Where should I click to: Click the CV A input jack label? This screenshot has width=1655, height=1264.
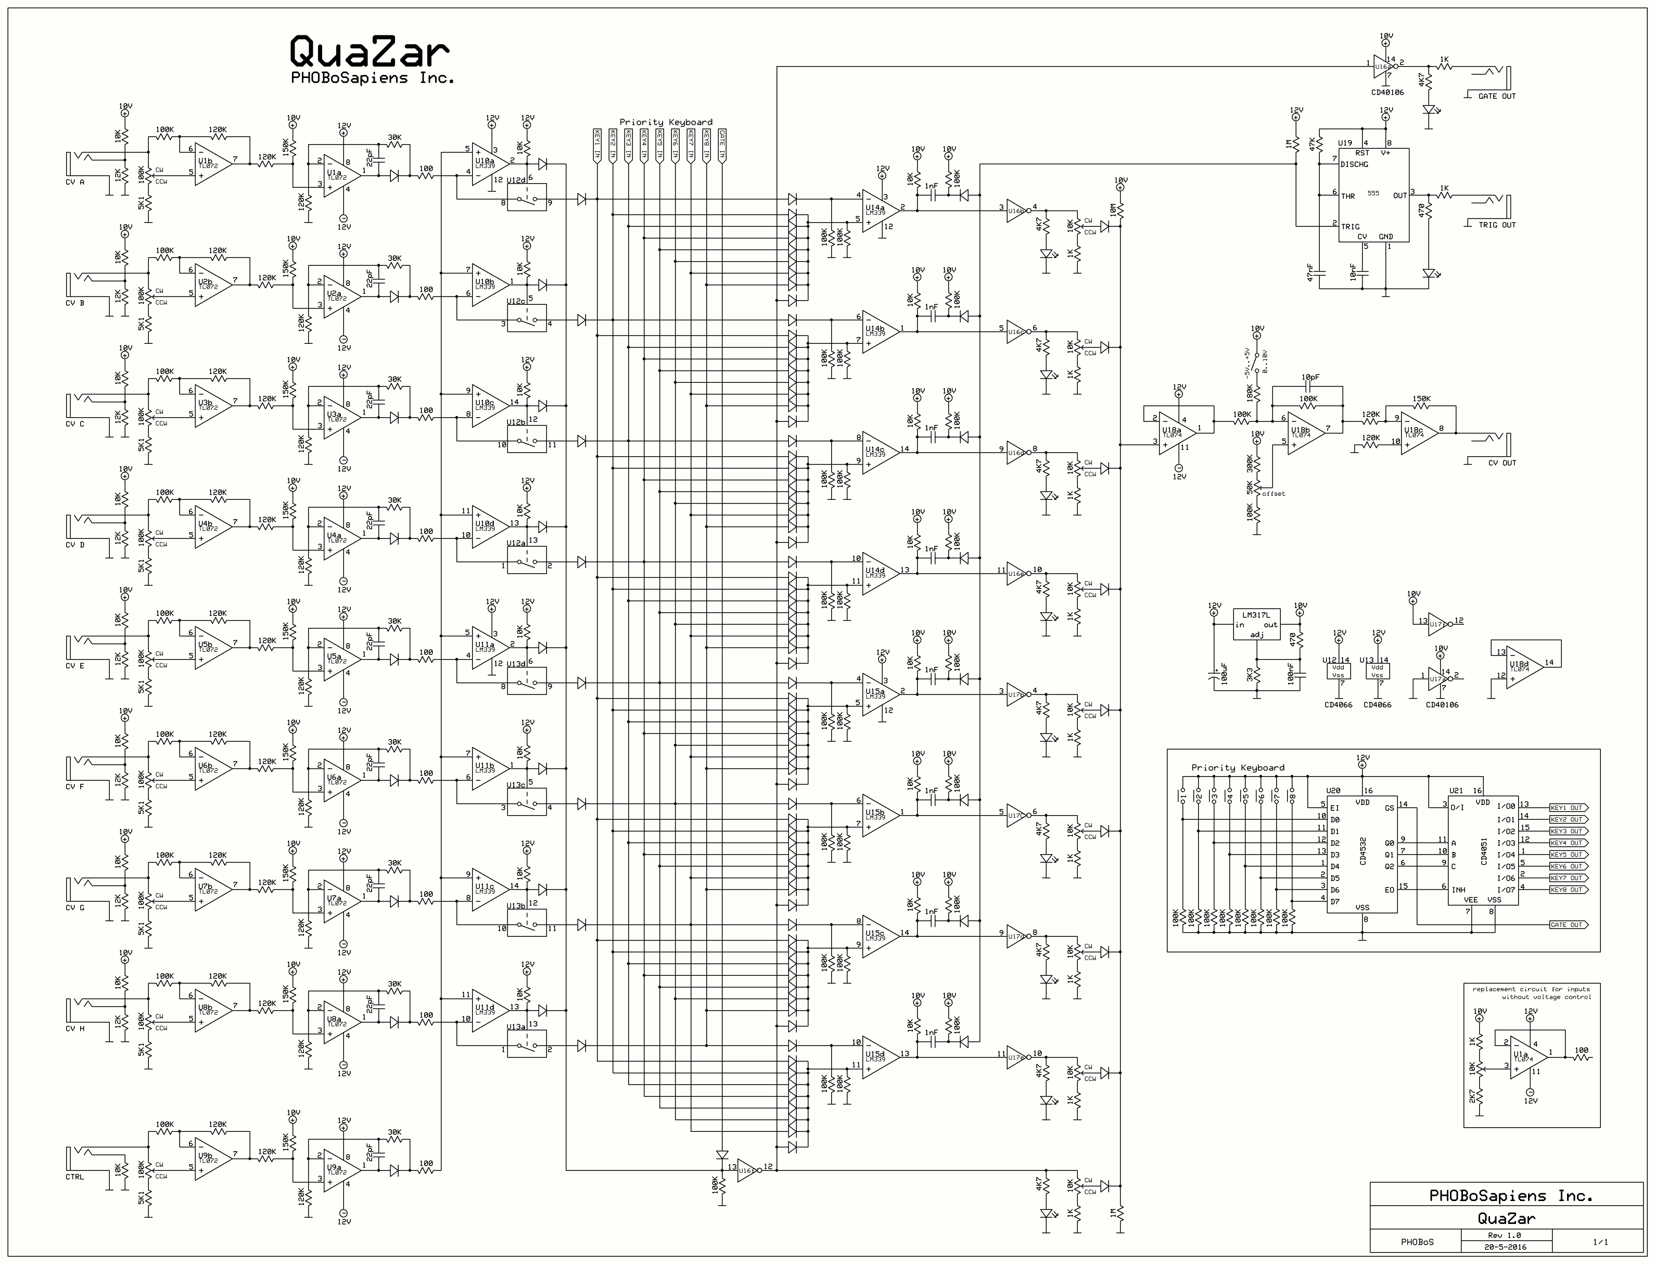[x=75, y=182]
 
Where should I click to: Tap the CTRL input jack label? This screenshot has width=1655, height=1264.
[x=75, y=1177]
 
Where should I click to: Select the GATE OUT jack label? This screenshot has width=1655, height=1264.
[x=1497, y=96]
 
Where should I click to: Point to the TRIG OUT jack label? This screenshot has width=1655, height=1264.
[x=1497, y=225]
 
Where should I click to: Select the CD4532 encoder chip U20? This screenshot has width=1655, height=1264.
[x=1361, y=854]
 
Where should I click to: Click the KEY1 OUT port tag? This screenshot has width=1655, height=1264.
[x=1567, y=808]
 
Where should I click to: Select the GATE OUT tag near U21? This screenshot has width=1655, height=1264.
[x=1567, y=925]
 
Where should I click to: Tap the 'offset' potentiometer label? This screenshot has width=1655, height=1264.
[x=1274, y=494]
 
